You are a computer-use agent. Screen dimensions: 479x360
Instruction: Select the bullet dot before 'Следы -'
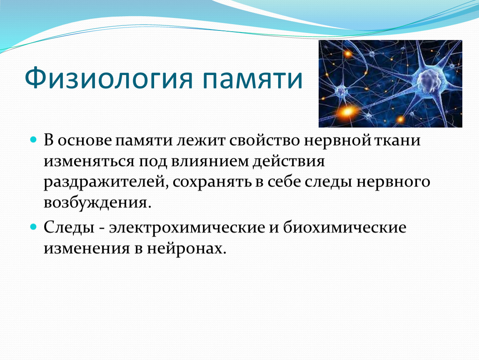34,227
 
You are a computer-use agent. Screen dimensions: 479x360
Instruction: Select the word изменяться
89,161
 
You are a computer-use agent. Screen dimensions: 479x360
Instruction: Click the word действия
289,162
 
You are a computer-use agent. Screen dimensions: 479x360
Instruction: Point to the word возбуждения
97,203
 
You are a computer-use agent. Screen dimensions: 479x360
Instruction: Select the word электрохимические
187,227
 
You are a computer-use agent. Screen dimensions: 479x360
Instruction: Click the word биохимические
345,227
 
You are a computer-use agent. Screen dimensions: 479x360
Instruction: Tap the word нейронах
186,248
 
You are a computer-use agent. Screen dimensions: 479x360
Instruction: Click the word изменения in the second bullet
87,248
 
